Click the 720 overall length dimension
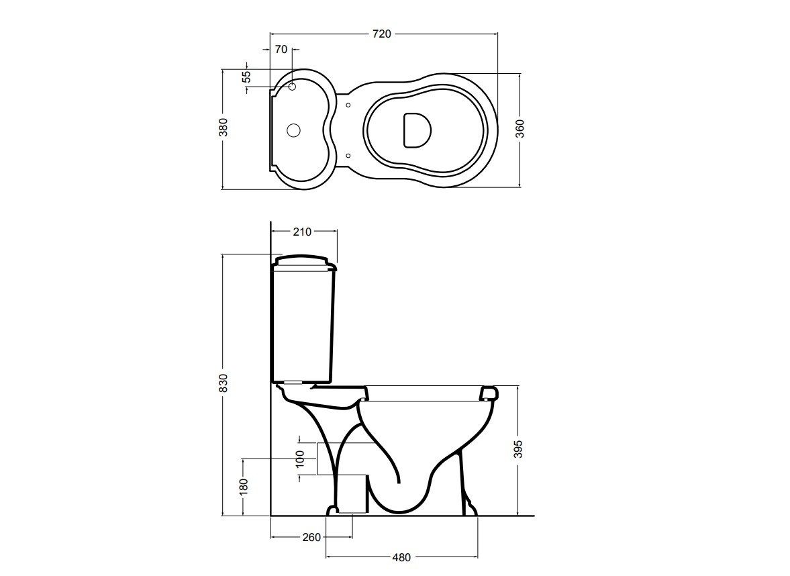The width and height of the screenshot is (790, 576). coord(381,34)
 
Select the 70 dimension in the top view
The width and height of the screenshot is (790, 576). coord(281,49)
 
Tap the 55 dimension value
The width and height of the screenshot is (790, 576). coord(246,77)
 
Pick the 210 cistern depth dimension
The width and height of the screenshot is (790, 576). coord(303,232)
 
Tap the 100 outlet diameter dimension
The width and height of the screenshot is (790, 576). coord(300,459)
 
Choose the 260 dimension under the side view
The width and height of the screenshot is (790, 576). coord(311,537)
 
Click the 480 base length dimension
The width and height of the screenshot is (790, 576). coord(401,557)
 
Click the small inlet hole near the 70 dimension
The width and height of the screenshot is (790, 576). coord(293,87)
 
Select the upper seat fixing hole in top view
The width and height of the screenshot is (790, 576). coord(348,105)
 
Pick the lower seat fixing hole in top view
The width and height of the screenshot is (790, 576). coord(348,156)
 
